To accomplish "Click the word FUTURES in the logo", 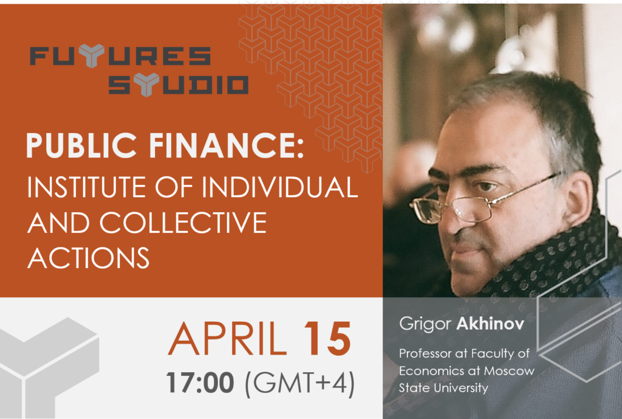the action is [x=120, y=55].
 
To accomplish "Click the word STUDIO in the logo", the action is [x=179, y=85].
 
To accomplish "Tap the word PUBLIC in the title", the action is [x=81, y=145].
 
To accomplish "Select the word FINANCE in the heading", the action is [x=226, y=145].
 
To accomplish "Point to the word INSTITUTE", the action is [x=86, y=187].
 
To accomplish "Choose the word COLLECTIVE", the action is [x=183, y=223].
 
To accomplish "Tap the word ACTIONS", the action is [x=89, y=258].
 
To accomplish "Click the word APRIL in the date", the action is [x=228, y=339].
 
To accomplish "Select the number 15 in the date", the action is [x=327, y=339].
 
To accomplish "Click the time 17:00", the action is [x=200, y=383].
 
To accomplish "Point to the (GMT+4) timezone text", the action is [x=300, y=383].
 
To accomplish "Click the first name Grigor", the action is [x=425, y=325].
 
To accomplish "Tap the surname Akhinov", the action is [x=490, y=324].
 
